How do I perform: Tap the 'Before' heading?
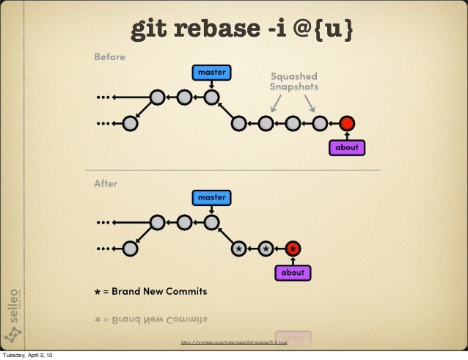pyautogui.click(x=109, y=56)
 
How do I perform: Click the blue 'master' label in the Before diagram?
pyautogui.click(x=211, y=72)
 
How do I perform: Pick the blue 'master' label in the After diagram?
pyautogui.click(x=211, y=197)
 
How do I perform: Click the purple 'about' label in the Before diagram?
pyautogui.click(x=346, y=147)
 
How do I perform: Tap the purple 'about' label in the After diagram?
pyautogui.click(x=293, y=273)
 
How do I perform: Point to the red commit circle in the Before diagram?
pyautogui.click(x=347, y=122)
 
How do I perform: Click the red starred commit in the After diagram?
pyautogui.click(x=293, y=249)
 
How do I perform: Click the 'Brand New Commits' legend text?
pyautogui.click(x=150, y=292)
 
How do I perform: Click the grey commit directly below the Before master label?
pyautogui.click(x=211, y=95)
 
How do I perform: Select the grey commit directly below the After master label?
pyautogui.click(x=211, y=221)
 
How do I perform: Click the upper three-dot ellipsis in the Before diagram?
pyautogui.click(x=106, y=95)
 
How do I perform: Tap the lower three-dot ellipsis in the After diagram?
pyautogui.click(x=106, y=249)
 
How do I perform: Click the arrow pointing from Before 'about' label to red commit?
pyautogui.click(x=347, y=135)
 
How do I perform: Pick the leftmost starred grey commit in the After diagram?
pyautogui.click(x=238, y=249)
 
